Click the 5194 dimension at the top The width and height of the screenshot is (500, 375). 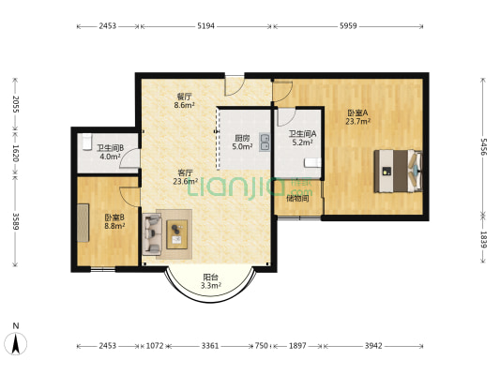(205, 26)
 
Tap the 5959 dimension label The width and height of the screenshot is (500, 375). (348, 26)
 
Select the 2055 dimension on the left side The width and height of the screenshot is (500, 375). (15, 104)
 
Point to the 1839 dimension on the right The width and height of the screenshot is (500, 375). (484, 240)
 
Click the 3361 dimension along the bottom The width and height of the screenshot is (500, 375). (210, 346)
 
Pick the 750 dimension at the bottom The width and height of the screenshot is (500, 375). (262, 346)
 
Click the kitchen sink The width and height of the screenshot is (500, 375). (265, 142)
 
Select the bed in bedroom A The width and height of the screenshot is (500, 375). (399, 171)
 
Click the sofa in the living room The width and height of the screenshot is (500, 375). (152, 234)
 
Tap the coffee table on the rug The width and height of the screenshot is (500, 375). (176, 234)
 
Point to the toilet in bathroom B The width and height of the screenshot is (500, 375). (86, 142)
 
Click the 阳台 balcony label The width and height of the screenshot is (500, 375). (211, 277)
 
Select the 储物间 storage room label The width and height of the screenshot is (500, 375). (297, 199)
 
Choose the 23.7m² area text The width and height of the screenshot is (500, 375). (357, 121)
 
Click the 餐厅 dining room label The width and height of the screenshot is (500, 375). (185, 96)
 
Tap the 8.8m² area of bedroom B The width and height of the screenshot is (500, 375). (114, 226)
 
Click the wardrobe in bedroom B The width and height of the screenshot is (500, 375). (83, 223)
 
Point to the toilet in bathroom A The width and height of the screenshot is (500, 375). (312, 162)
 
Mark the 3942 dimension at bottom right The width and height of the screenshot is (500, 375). (373, 346)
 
